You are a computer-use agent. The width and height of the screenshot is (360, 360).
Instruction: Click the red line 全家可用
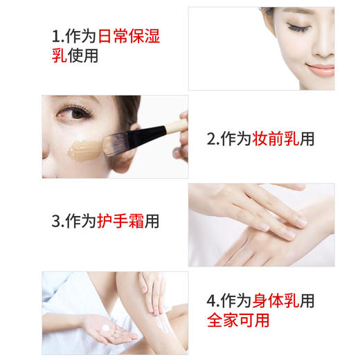coord(237,321)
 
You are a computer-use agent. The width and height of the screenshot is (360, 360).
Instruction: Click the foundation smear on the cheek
coord(84,147)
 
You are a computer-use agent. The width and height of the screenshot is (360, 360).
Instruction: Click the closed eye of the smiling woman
coord(300,28)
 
